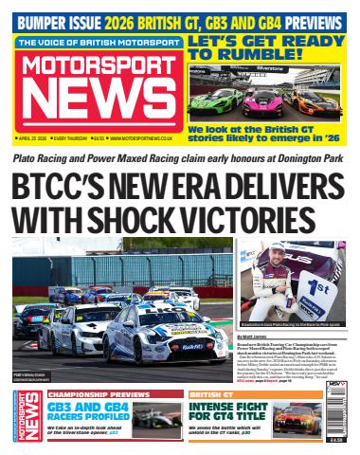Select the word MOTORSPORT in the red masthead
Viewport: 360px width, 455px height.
click(97, 64)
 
